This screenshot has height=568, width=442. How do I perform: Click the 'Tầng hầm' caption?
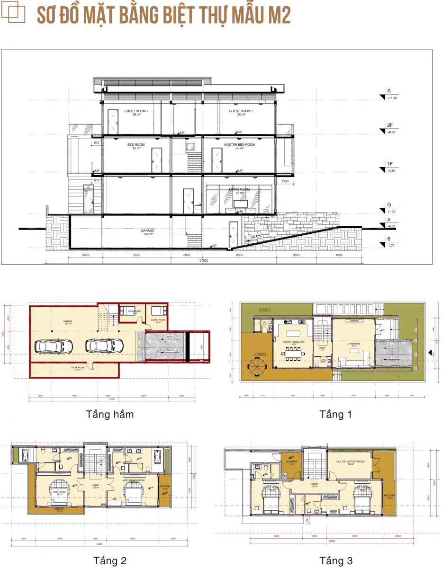[x=109, y=414]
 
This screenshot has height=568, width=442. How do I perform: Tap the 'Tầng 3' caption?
[x=335, y=561]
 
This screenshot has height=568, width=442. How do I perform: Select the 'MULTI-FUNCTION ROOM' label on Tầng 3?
[x=350, y=461]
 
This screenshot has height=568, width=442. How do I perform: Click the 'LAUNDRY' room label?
[x=290, y=461]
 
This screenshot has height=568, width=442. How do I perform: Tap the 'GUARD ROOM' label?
[x=159, y=320]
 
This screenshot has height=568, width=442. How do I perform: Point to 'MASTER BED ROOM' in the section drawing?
[x=239, y=145]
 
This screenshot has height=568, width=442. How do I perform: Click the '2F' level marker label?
[x=390, y=125]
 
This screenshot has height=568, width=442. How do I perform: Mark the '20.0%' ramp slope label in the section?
[x=256, y=236]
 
